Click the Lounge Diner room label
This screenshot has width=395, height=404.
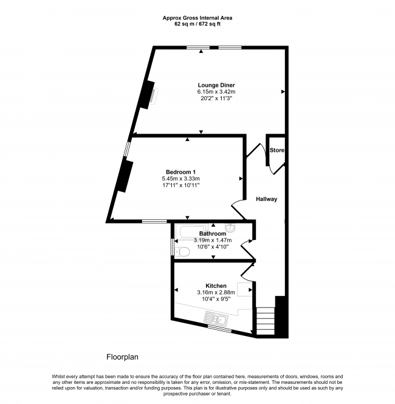tap(216, 85)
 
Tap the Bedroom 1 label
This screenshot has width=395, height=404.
tap(180, 172)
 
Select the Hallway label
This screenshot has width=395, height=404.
tap(266, 199)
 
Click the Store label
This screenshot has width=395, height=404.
tap(277, 150)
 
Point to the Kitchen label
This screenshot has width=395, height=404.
tap(216, 286)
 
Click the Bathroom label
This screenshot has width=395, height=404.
tap(213, 234)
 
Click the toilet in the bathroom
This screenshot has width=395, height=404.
tap(182, 252)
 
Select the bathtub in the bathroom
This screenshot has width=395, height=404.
tap(191, 231)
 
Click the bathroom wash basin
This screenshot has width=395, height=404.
tap(230, 227)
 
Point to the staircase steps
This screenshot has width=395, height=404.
tap(266, 321)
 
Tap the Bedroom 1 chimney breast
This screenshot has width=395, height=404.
tap(125, 177)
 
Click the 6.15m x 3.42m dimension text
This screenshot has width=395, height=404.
tap(216, 92)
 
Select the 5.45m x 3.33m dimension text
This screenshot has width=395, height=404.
tap(180, 179)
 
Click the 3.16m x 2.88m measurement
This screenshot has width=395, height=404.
tap(216, 292)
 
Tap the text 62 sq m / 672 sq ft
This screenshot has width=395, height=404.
tap(197, 24)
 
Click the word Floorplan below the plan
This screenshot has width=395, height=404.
tap(122, 357)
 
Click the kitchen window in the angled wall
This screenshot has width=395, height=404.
tap(219, 328)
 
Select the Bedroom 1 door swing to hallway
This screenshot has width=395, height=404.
tap(238, 209)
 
